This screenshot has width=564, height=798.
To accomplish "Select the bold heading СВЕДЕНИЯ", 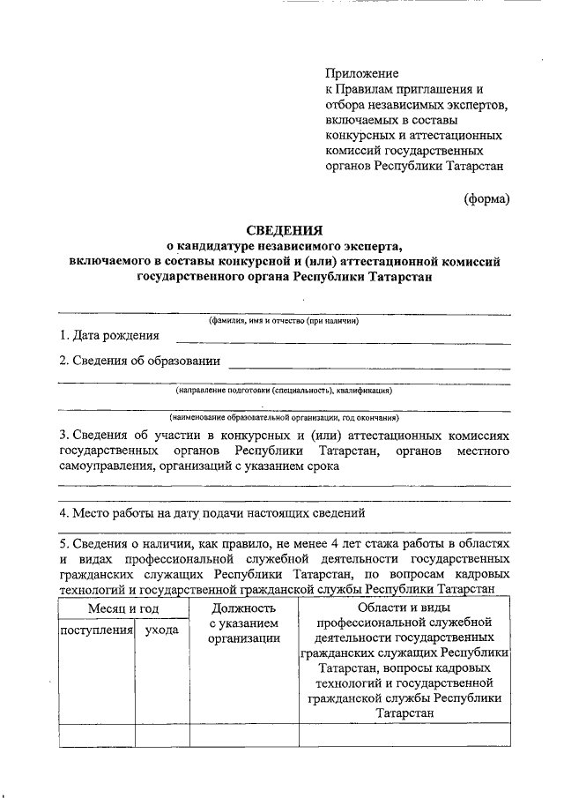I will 284,230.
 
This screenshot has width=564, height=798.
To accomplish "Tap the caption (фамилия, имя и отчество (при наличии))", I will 284,321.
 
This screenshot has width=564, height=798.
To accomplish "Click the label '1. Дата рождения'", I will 109,335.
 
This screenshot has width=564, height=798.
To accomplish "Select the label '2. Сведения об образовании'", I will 139,361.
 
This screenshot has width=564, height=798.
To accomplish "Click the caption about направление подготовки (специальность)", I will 284,390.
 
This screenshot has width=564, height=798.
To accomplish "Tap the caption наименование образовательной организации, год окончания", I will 284,416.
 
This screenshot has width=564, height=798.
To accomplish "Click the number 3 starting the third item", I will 62,436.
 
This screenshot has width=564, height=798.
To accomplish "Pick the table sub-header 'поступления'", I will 95,630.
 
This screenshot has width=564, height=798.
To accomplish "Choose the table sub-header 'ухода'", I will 161,630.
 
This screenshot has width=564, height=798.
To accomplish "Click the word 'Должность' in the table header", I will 244,608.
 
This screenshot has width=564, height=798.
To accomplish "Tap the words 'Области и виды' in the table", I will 404,608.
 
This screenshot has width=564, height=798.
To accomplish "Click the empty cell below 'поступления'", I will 95,735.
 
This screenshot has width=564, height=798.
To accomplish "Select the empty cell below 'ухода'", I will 161,735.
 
